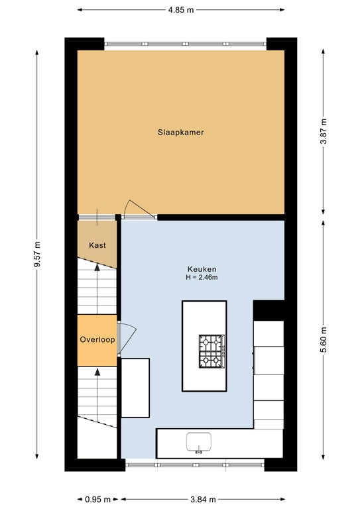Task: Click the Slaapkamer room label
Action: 180,133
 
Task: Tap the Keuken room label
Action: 202,269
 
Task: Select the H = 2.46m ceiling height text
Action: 202,278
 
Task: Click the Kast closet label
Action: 97,245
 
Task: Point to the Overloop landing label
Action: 97,339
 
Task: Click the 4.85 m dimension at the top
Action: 180,10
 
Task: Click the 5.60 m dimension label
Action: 324,341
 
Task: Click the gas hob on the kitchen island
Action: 211,351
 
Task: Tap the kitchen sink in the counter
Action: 198,441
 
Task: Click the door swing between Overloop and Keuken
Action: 128,333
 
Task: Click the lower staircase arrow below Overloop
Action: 97,391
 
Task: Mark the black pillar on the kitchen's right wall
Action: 269,310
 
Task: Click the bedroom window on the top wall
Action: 186,44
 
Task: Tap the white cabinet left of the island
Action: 135,388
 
